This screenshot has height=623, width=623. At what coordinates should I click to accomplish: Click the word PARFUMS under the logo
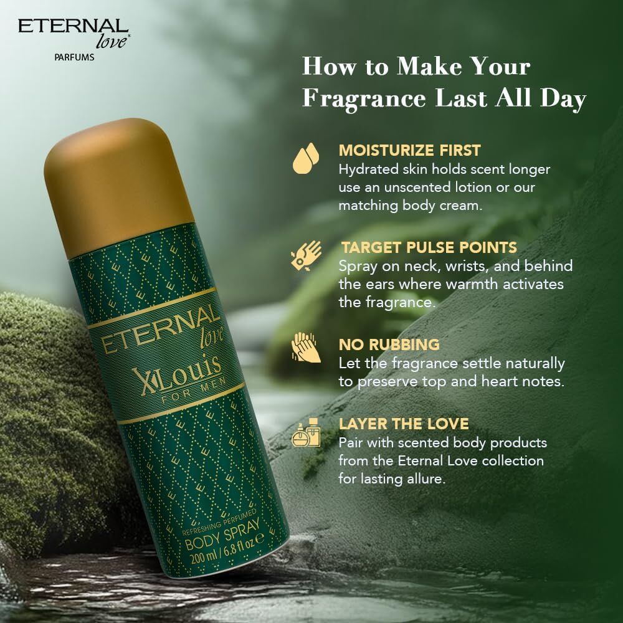(74, 57)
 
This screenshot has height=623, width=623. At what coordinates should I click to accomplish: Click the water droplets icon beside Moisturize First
(306, 158)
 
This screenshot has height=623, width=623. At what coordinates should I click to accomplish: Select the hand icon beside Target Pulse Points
(306, 255)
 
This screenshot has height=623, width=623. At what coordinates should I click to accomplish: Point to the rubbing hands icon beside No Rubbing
(305, 347)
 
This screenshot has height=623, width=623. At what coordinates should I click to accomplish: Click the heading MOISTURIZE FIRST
(410, 151)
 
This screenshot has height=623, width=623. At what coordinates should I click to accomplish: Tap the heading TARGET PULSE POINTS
(429, 247)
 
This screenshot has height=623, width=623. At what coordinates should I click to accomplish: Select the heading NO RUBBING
(389, 345)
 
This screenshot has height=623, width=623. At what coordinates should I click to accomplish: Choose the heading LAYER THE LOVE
(404, 424)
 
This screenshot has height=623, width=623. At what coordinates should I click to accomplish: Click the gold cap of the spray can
(117, 187)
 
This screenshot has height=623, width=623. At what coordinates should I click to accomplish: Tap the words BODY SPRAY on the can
(222, 535)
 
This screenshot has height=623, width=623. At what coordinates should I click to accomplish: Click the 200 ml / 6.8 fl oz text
(227, 549)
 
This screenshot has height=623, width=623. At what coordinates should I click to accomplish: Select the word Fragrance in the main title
(364, 98)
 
